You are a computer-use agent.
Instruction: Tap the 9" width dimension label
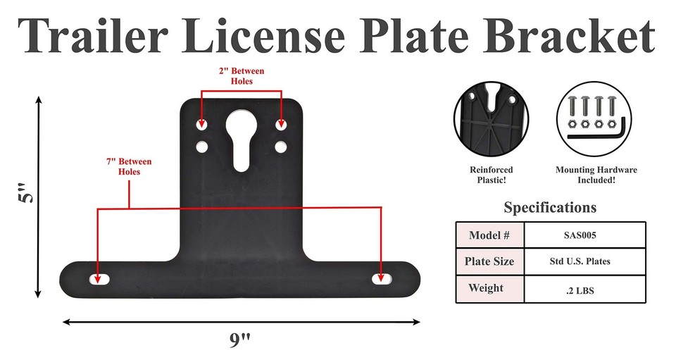[x=240, y=340]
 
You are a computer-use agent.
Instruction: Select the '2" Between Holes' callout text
[x=242, y=76]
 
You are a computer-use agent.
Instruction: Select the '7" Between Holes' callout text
[x=129, y=166]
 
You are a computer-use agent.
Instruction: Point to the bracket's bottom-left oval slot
[x=99, y=278]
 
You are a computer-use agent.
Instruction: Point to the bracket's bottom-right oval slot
[x=384, y=278]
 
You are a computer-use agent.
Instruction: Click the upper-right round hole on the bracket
[x=281, y=126]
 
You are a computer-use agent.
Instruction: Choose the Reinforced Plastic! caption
[x=491, y=175]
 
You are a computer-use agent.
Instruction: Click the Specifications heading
[x=550, y=208]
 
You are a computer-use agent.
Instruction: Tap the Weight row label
[x=489, y=289]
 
